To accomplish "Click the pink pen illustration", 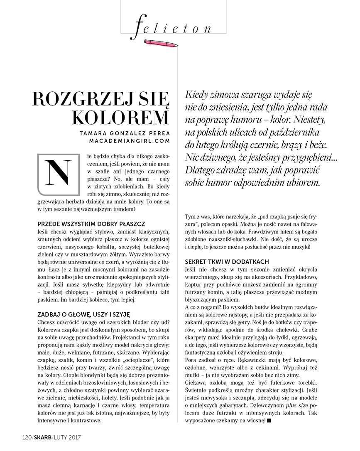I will [162, 42].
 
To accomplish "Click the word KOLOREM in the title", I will [120, 118].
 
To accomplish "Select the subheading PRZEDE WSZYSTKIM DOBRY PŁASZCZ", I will [91, 223].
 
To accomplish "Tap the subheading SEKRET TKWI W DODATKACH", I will [227, 262].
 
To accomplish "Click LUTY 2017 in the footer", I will [67, 437].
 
